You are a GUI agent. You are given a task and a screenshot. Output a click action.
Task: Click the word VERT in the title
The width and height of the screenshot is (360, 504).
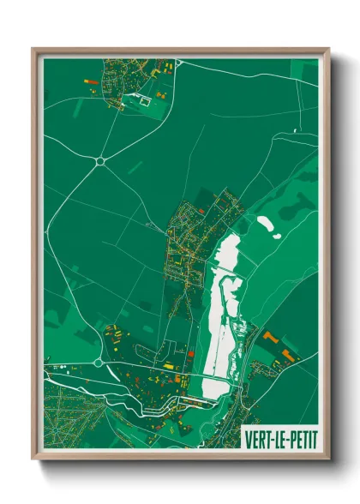258,435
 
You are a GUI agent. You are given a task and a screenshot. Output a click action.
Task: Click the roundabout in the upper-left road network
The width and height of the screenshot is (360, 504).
100,160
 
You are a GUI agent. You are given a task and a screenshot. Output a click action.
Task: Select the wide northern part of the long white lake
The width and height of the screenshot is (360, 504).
227,253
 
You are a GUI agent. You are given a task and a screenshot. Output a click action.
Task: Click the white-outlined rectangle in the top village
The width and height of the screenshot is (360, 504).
144,101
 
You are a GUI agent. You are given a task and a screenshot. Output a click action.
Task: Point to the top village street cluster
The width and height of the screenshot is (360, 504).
129,81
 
